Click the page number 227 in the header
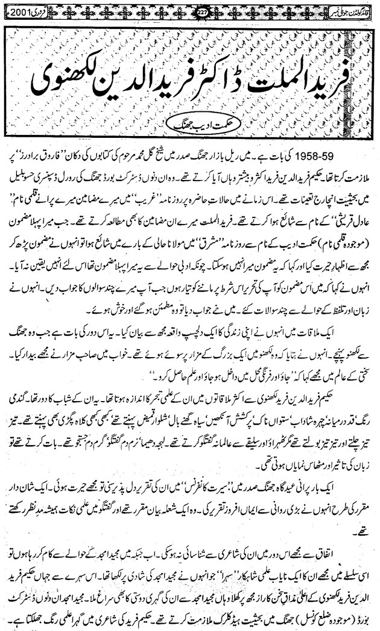coord(191,11)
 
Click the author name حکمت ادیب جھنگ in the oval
coord(191,125)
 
